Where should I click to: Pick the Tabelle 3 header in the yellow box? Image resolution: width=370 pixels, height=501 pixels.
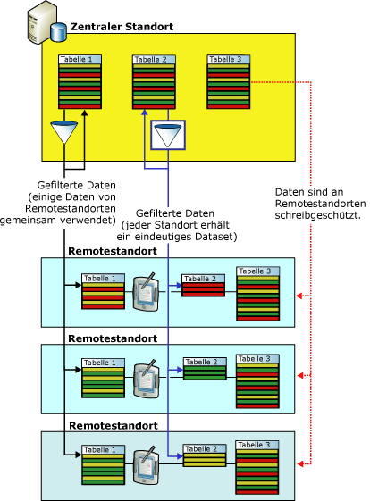(229, 60)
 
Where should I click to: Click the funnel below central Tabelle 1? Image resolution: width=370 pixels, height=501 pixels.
(65, 135)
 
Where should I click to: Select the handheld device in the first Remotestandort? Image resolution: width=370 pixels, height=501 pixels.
(147, 292)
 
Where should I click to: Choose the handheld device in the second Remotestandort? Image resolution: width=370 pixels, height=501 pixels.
(147, 375)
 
